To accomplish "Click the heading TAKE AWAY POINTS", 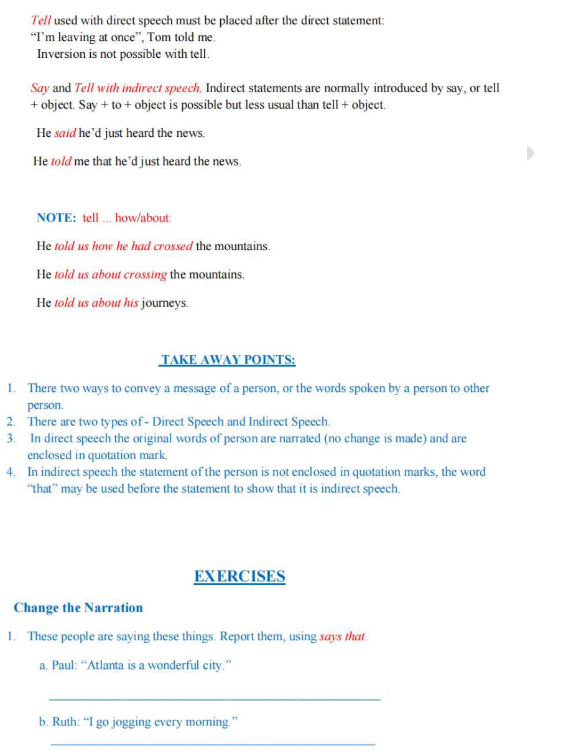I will [228, 360].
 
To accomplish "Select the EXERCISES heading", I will [239, 576].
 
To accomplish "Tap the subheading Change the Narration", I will [78, 608].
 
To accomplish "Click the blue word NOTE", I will [56, 218].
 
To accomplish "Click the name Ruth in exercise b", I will [64, 722].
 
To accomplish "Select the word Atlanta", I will [106, 666].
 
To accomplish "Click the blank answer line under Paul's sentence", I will [214, 700].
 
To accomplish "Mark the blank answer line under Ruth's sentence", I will [212, 744].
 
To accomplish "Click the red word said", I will [65, 133].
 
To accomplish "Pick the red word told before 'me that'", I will [61, 162].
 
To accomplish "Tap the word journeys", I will [164, 304].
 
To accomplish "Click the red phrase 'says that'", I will [342, 637].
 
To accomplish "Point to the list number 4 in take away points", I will [11, 472].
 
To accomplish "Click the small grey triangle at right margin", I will [530, 153].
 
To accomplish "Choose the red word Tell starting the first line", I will [41, 21].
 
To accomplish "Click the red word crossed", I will [174, 246].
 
